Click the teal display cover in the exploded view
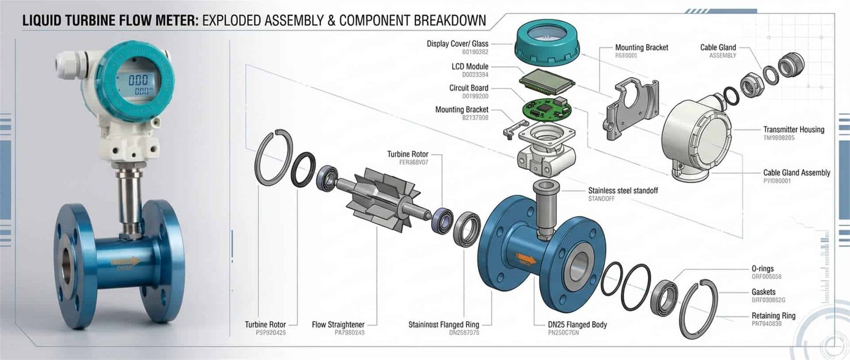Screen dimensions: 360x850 [x=547, y=43]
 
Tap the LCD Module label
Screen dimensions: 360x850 [x=470, y=66]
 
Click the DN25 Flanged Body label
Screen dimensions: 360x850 [x=577, y=324]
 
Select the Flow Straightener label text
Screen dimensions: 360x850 [x=338, y=324]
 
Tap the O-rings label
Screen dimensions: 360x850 [x=762, y=269]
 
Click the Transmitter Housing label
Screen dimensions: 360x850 [x=794, y=129]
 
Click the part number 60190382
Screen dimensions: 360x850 [x=475, y=52]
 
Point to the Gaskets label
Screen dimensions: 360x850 [x=763, y=292]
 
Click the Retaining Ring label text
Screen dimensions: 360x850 [x=773, y=315]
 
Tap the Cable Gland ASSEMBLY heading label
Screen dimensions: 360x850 [x=718, y=47]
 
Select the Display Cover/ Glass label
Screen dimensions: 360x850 [x=457, y=44]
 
